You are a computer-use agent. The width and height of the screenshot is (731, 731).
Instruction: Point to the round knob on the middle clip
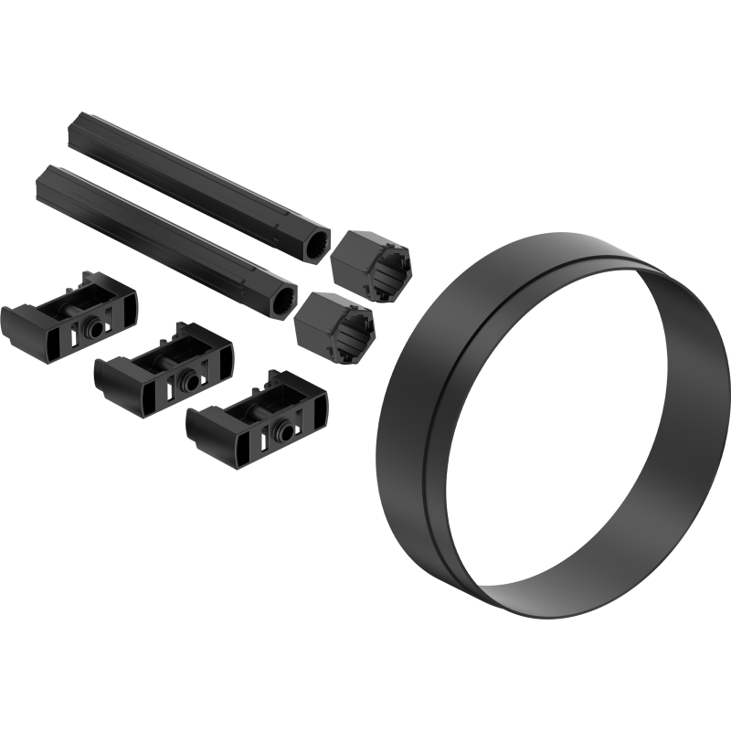188,377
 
